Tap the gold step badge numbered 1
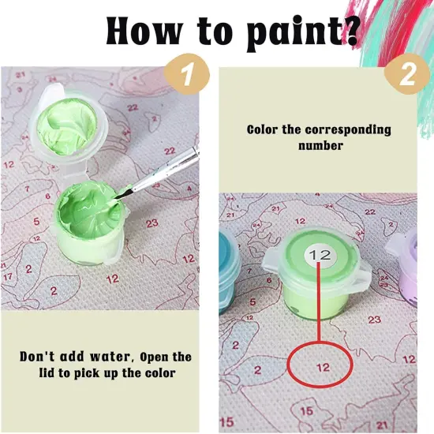click(186, 76)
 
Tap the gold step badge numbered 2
click(406, 77)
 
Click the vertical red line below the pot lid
click(319, 308)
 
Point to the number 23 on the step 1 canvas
click(152, 223)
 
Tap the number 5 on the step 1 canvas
click(36, 221)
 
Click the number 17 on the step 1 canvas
click(7, 276)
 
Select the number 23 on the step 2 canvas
click(374, 320)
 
